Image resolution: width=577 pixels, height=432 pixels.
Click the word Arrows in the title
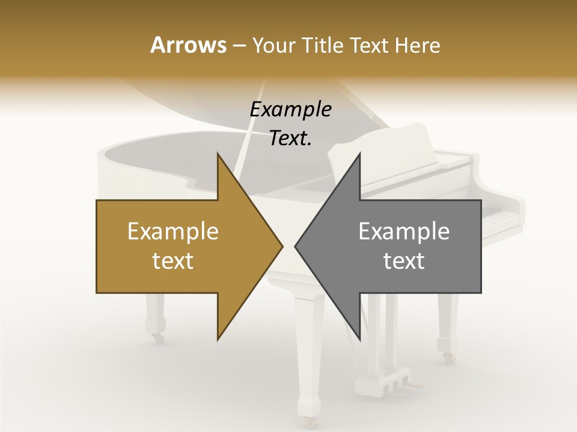[x=188, y=45]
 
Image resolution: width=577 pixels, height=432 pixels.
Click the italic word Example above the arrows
[x=290, y=109]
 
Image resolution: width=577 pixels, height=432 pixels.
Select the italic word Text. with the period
[x=290, y=138]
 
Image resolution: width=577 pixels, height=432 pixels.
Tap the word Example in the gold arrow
[x=173, y=231]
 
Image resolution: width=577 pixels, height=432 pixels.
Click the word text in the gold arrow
[x=173, y=261]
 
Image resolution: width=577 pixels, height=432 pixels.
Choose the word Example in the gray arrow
[x=404, y=231]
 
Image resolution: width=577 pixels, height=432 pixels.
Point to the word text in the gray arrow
[x=404, y=261]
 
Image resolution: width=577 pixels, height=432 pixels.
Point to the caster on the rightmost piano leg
[x=448, y=357]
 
